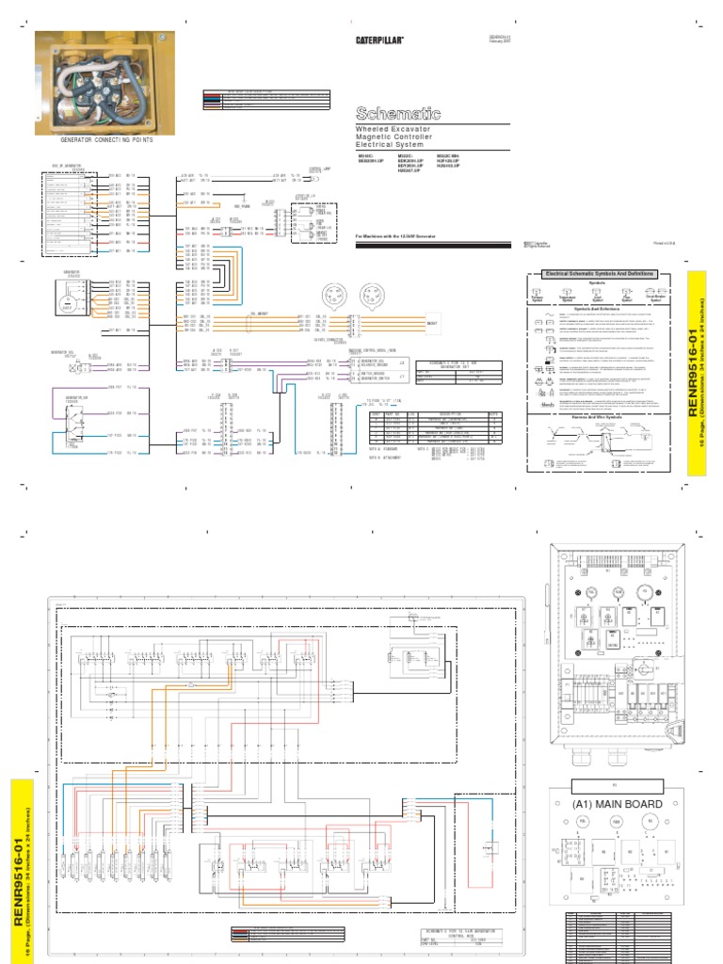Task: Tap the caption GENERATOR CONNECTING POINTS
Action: [105, 139]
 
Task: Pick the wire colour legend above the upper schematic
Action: [266, 98]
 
